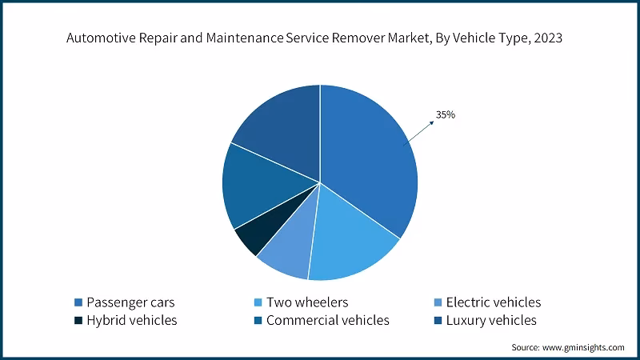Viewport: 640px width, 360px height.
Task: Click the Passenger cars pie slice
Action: (x=368, y=160)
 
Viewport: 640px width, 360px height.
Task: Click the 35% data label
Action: (x=446, y=115)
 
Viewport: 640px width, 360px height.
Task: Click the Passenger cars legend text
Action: (x=130, y=302)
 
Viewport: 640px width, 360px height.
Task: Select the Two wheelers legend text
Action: (x=307, y=302)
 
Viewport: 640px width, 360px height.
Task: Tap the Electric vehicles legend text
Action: (x=493, y=302)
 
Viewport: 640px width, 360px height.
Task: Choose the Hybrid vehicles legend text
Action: (x=132, y=321)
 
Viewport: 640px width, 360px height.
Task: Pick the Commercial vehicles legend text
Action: (x=327, y=321)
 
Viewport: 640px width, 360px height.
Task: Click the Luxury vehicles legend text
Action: (x=491, y=321)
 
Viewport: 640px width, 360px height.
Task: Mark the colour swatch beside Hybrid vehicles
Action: (x=78, y=321)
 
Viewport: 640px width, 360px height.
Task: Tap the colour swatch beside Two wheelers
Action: (x=258, y=302)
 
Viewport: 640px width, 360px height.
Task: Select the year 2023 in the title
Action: (x=558, y=38)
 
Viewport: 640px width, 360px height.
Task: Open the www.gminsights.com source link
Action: (x=583, y=347)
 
